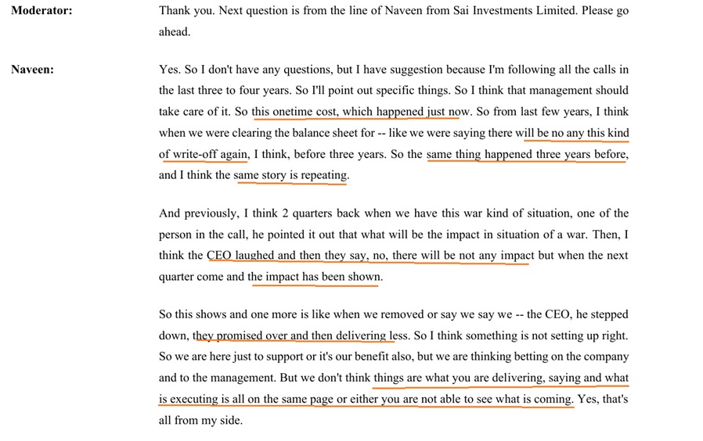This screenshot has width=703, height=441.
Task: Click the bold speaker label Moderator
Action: coord(41,12)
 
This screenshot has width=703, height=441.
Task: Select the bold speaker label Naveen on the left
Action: coord(32,70)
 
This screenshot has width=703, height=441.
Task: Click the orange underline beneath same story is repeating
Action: coord(290,183)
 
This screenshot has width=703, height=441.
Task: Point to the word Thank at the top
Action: coord(175,12)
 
